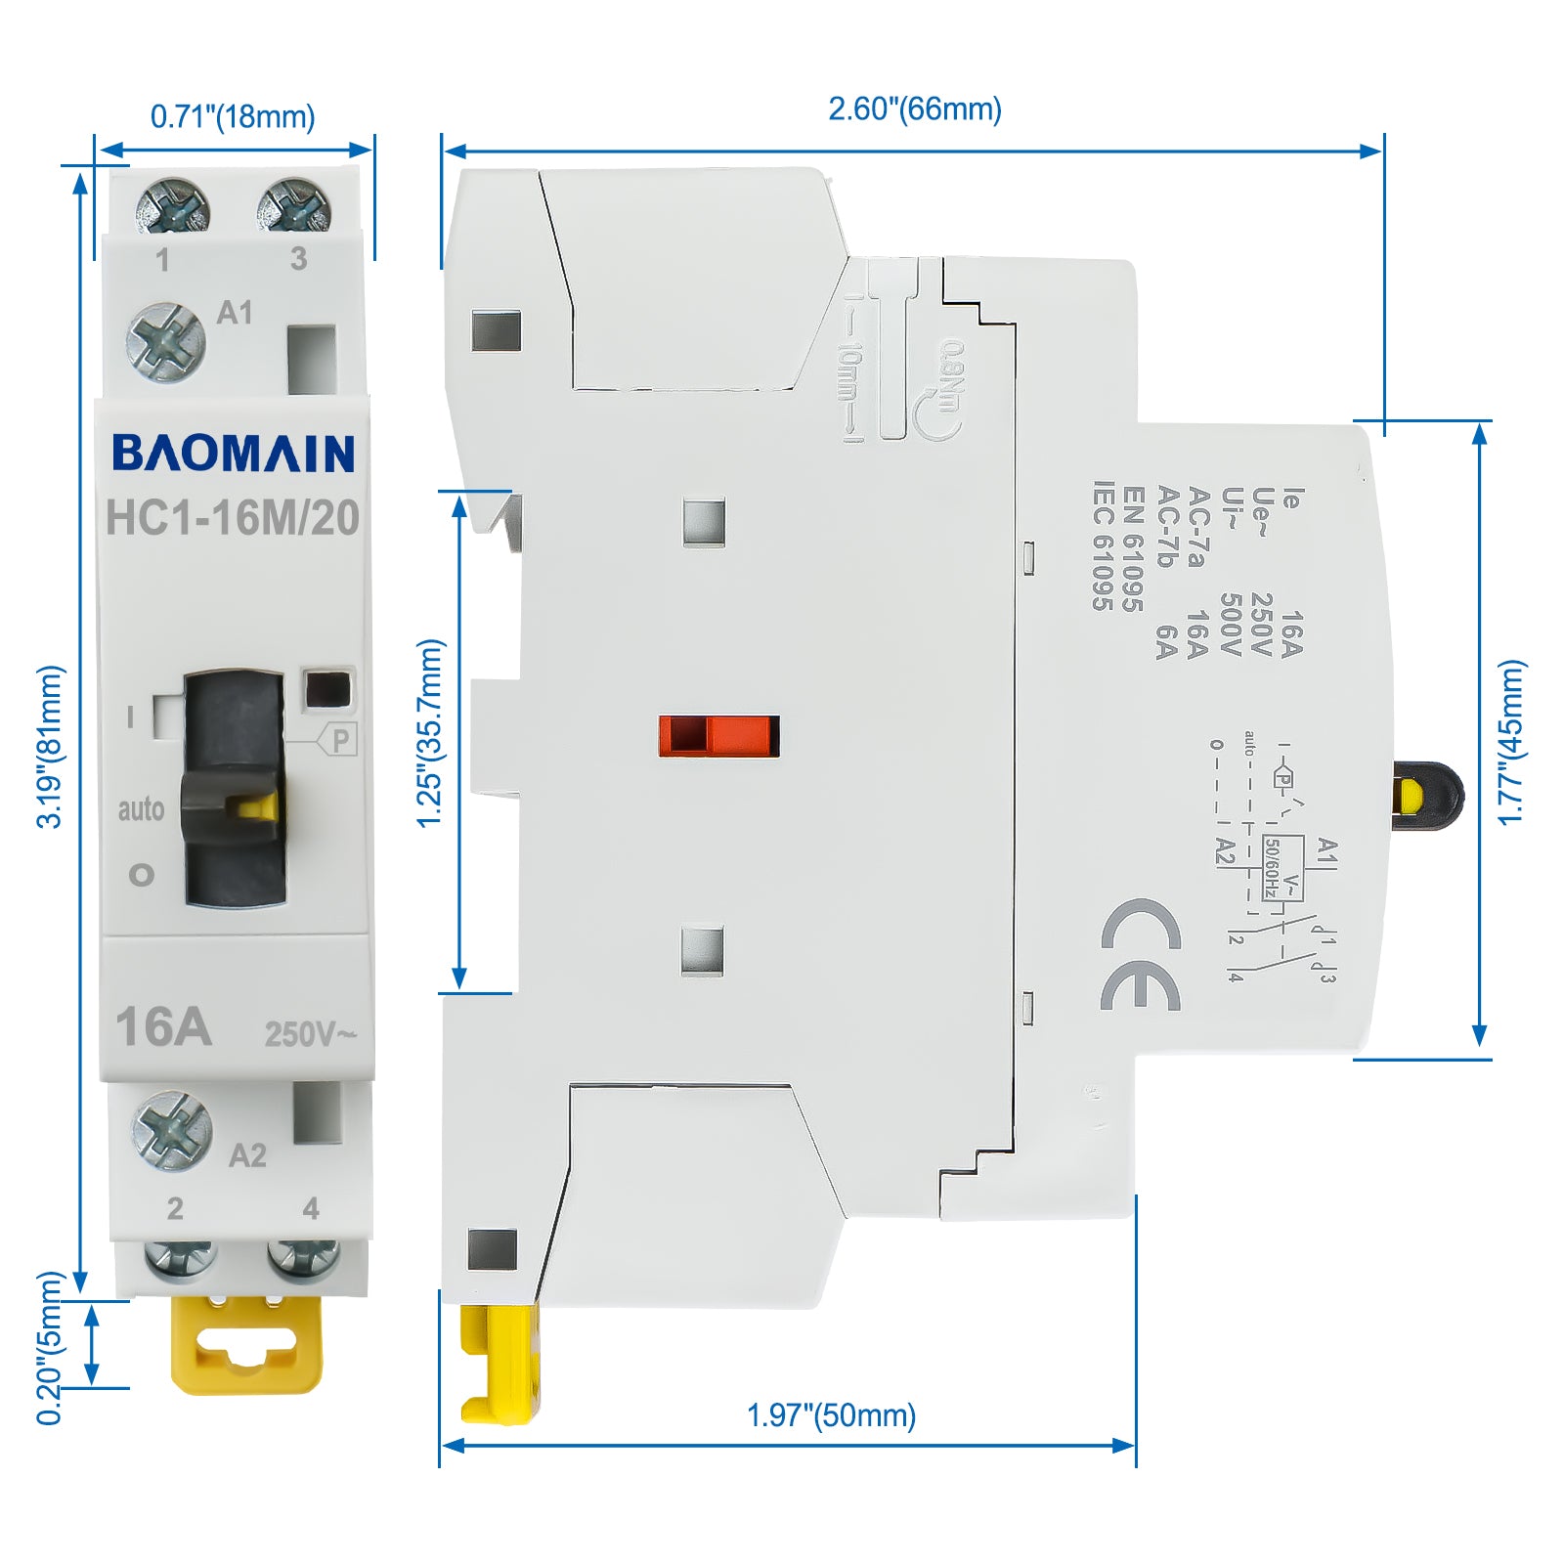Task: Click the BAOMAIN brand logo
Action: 233,454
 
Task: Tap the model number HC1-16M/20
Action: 233,518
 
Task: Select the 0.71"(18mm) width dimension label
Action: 233,116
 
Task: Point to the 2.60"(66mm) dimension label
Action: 915,109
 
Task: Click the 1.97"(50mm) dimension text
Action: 831,1414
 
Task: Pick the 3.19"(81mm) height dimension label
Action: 50,747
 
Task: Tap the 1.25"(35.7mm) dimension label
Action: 430,733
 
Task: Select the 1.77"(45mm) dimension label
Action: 1511,743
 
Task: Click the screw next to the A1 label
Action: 166,342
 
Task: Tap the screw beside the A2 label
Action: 171,1131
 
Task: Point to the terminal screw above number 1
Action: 172,205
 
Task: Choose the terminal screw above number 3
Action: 293,205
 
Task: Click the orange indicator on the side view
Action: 718,736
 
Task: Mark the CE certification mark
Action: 1141,955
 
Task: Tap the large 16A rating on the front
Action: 163,1026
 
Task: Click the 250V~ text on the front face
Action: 310,1033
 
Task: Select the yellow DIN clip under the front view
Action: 246,1344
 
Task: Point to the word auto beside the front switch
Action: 141,809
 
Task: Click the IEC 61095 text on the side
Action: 1103,545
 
